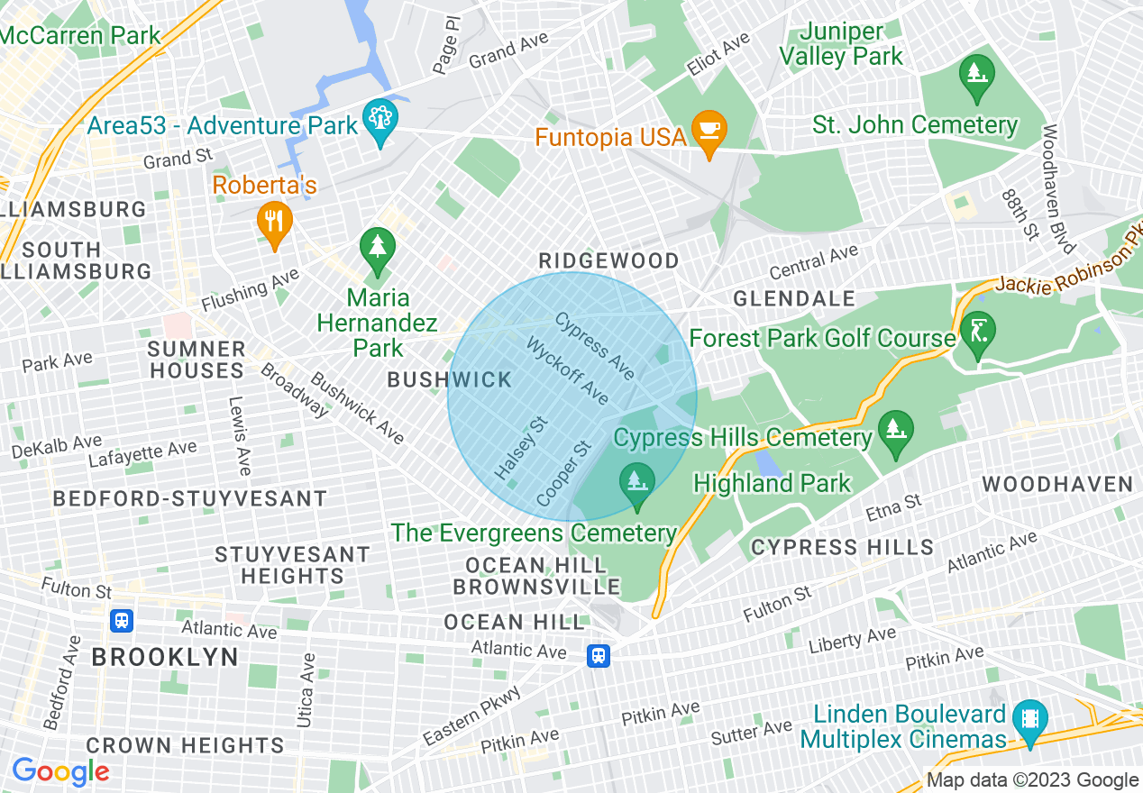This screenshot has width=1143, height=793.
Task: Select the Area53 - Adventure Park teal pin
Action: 379,119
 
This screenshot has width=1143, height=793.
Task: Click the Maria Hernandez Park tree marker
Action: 377,249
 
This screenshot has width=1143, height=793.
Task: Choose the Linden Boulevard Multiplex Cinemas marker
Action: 1030,719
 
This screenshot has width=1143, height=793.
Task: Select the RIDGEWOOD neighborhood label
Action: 608,261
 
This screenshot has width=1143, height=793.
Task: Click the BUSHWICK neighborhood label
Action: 450,380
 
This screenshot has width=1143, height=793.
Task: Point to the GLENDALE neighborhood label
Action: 793,298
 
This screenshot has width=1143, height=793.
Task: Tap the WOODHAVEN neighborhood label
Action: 1057,485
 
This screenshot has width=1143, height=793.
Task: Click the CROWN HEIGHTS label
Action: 185,745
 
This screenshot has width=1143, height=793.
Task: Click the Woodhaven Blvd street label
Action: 1058,188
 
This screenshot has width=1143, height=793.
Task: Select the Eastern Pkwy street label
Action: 471,716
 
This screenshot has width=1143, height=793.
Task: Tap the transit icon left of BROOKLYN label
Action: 122,620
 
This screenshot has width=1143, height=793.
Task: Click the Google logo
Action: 60,771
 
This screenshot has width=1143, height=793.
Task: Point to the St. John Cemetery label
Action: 915,125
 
